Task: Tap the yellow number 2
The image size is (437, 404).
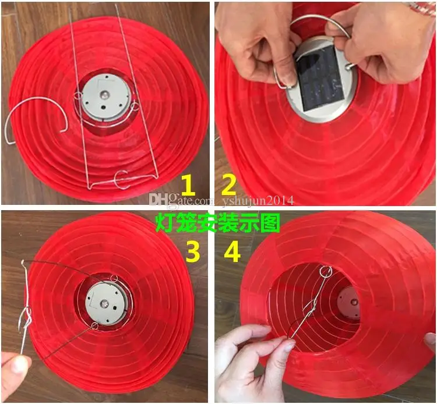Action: coord(228,186)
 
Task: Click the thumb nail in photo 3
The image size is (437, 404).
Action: coord(20,365)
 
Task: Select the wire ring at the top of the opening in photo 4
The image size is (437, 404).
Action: coord(326,271)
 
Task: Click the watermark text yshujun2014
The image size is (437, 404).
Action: coord(257,201)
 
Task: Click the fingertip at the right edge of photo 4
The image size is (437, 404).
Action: coord(431,341)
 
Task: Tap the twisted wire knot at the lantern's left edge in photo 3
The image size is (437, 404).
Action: coord(24,318)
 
